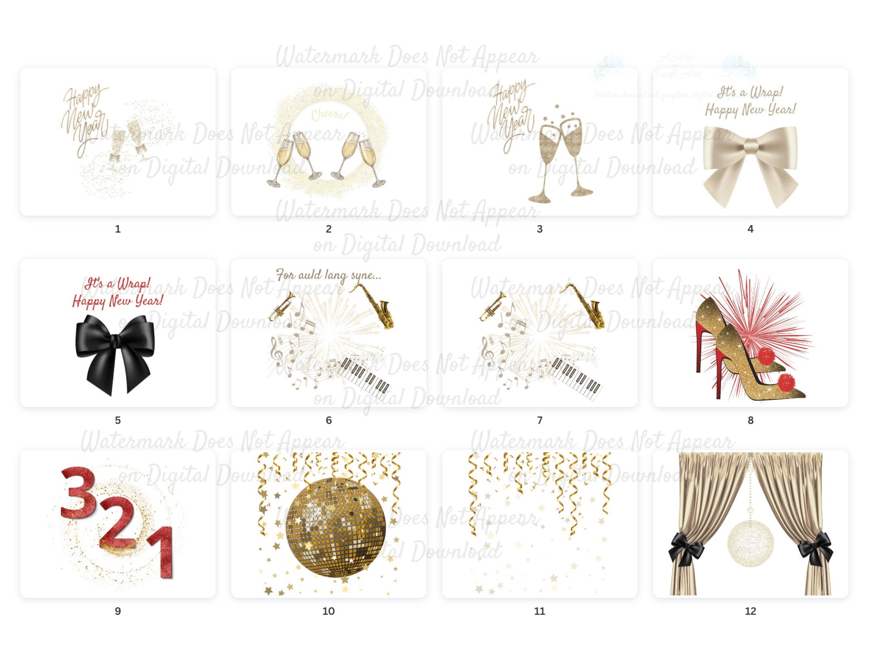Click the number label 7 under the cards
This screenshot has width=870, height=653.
point(540,420)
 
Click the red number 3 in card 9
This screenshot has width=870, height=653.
point(78,493)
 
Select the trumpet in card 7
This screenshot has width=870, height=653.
point(492,305)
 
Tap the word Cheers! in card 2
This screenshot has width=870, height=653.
point(329,115)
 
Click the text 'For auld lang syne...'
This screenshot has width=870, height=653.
point(328,275)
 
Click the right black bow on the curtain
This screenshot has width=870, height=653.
point(815,548)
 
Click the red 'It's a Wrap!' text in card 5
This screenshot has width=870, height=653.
point(117,284)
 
